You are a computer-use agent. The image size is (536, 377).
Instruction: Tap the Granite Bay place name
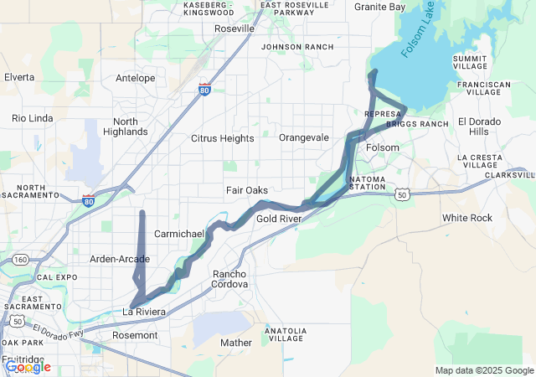(379, 7)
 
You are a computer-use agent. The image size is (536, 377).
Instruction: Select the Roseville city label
(234, 28)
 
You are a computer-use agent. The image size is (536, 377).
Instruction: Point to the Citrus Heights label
(222, 137)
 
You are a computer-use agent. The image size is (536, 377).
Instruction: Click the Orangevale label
(304, 137)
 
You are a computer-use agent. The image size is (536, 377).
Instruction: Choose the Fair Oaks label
(247, 190)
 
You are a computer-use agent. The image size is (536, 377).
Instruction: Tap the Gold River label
(279, 219)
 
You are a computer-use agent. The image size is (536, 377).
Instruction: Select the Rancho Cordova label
(230, 279)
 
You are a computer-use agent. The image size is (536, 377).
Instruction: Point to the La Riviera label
(145, 312)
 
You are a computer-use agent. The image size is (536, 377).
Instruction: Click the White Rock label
(467, 218)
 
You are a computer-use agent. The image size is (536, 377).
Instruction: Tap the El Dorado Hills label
(479, 127)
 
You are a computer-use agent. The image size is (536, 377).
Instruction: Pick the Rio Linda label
(33, 118)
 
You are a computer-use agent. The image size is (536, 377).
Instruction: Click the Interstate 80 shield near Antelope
(205, 89)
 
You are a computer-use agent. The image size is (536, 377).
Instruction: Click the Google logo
(27, 366)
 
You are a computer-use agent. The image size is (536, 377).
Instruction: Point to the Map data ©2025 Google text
(484, 370)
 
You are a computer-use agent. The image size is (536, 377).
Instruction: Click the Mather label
(235, 343)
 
